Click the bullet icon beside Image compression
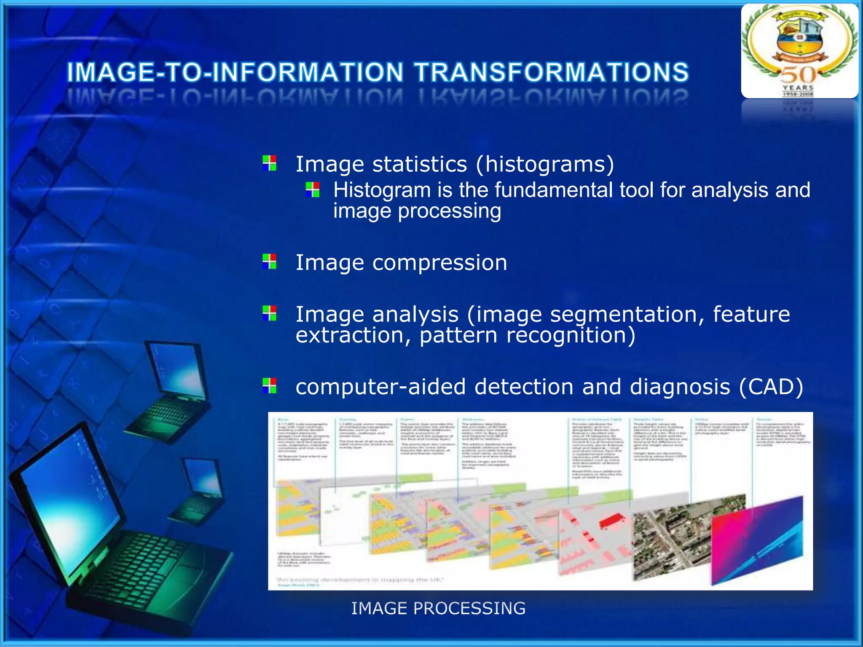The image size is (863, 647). pyautogui.click(x=269, y=261)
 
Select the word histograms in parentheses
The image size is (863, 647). pyautogui.click(x=545, y=164)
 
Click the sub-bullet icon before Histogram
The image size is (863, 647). pyautogui.click(x=312, y=190)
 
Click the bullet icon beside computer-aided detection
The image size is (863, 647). pyautogui.click(x=269, y=385)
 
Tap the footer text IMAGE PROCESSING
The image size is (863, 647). pyautogui.click(x=438, y=608)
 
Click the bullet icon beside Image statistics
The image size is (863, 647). pyautogui.click(x=269, y=163)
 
